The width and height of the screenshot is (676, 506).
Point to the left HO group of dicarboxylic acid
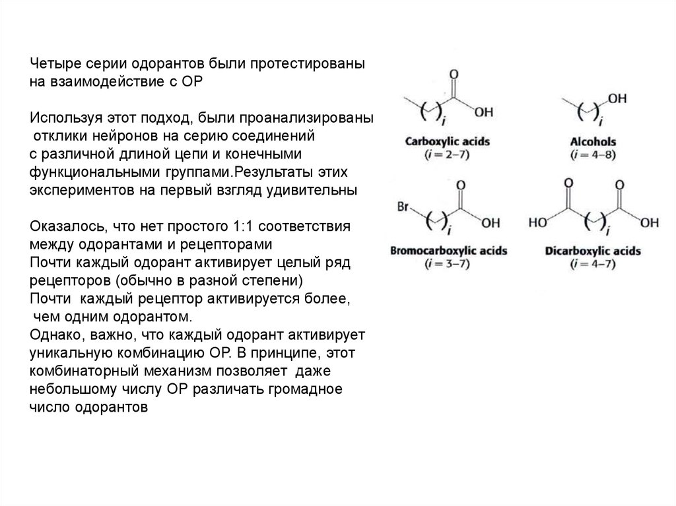pos(538,222)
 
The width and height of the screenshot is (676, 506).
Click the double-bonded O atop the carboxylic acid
pos(453,75)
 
